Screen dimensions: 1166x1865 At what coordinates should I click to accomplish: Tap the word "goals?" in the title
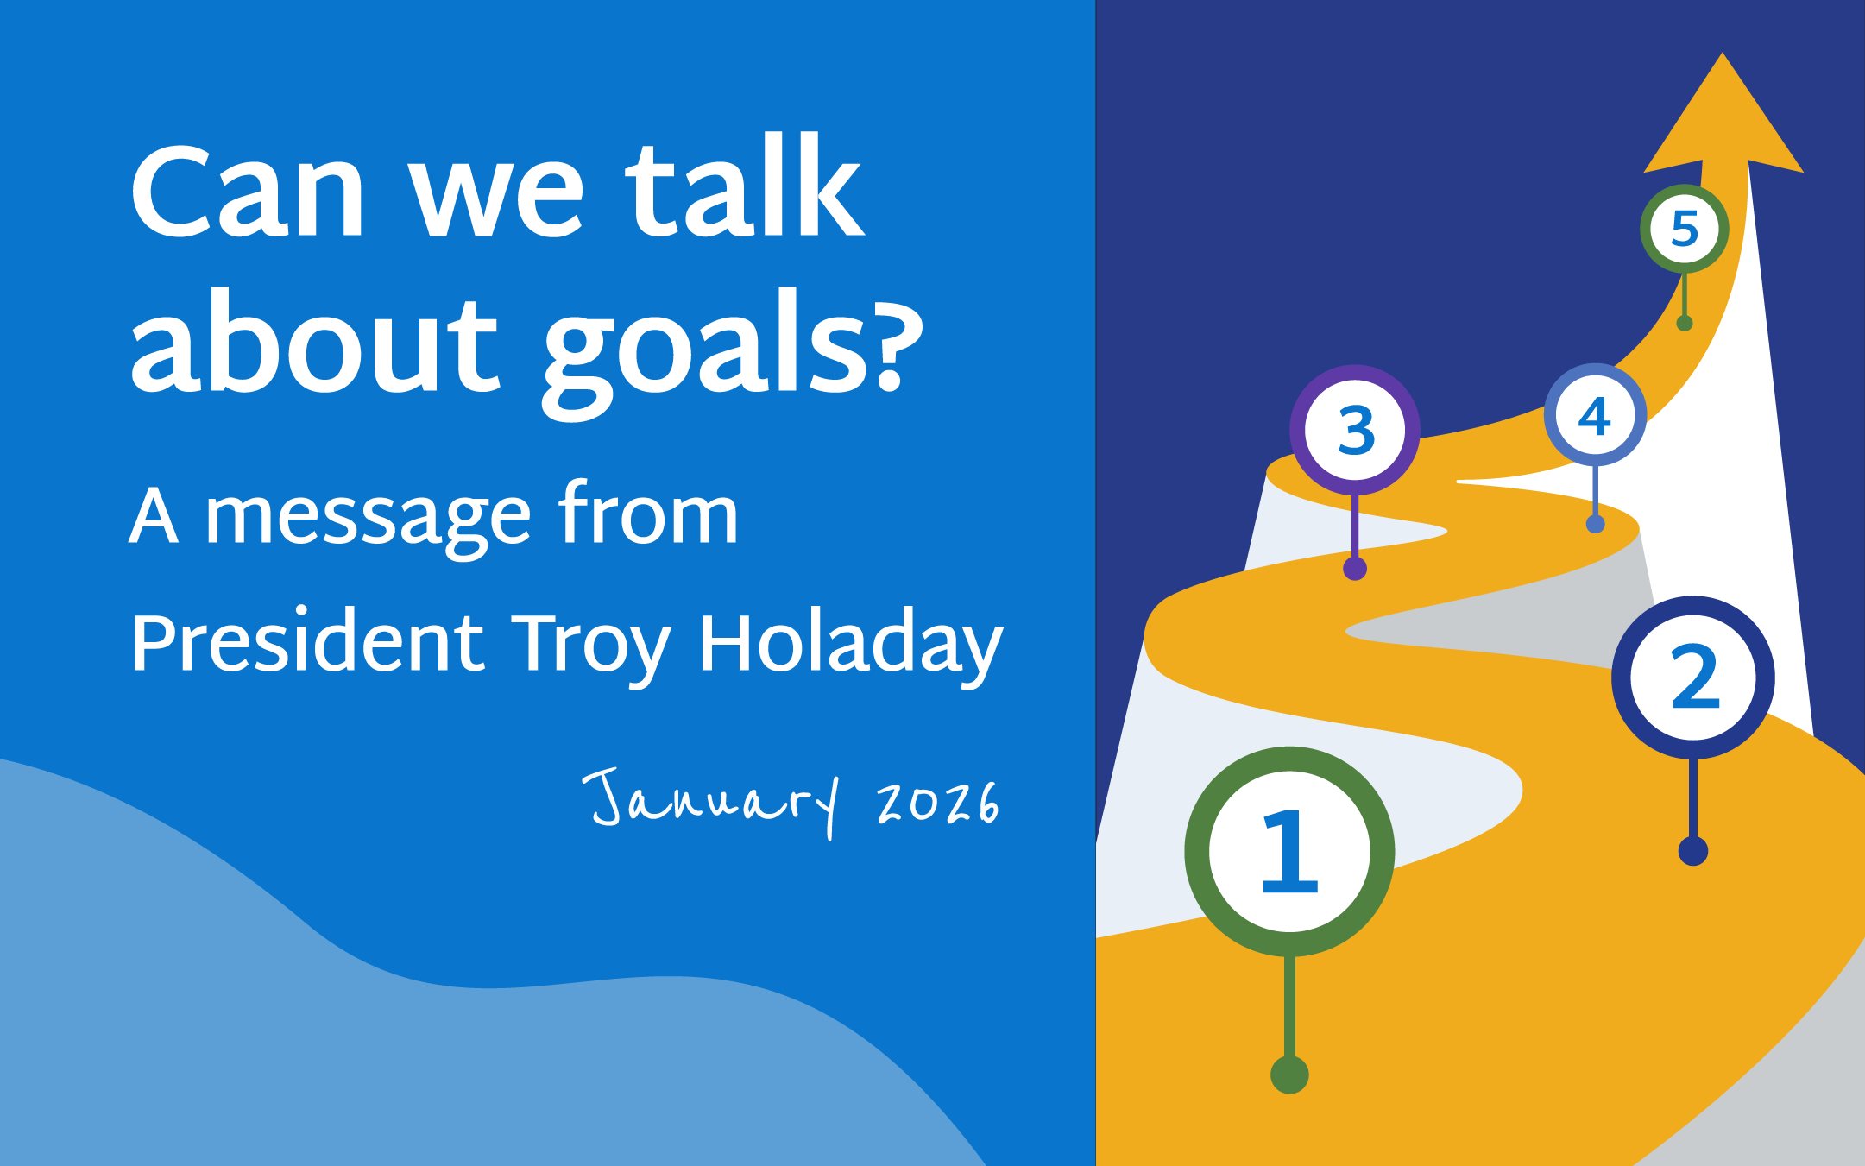click(x=734, y=350)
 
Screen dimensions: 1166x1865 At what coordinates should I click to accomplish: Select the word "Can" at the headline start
click(x=249, y=192)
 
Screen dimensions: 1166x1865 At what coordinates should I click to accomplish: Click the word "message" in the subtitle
click(x=368, y=518)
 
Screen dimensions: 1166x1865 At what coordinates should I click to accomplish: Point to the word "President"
click(x=307, y=643)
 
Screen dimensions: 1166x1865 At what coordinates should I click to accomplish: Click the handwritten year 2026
click(x=938, y=803)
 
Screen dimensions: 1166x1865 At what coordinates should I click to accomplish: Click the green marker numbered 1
click(x=1289, y=852)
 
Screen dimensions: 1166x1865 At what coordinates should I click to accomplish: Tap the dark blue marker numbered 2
click(x=1693, y=678)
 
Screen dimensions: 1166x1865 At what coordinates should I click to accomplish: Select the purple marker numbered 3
click(x=1355, y=430)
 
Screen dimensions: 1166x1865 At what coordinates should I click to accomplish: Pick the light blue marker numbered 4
click(x=1595, y=415)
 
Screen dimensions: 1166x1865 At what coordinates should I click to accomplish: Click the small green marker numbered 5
click(x=1684, y=229)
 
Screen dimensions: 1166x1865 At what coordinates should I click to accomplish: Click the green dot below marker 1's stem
click(x=1289, y=1075)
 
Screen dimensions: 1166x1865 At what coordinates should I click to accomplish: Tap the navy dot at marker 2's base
click(x=1693, y=851)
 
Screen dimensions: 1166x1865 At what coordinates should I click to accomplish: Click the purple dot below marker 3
click(x=1355, y=569)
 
